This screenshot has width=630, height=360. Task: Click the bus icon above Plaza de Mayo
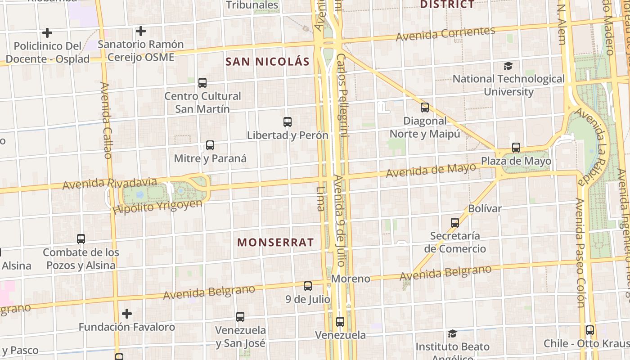tap(516, 148)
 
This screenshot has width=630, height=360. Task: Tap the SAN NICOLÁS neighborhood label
tap(268, 62)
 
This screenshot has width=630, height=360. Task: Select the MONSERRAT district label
tap(275, 242)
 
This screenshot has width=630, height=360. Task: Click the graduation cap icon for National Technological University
tap(508, 66)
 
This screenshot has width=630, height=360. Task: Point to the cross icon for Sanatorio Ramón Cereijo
tap(141, 31)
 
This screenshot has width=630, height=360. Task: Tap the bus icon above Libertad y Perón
tap(288, 122)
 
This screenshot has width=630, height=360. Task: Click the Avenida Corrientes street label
tap(445, 33)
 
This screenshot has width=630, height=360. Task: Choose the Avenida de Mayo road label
tap(431, 170)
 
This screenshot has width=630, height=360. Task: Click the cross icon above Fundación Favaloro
tap(127, 313)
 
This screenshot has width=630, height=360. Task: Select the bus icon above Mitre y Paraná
tap(210, 145)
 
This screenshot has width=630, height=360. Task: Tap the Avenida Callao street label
tap(106, 120)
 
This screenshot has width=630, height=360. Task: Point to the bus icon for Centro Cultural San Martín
tap(202, 83)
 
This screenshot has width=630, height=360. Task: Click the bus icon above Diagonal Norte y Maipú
tap(425, 108)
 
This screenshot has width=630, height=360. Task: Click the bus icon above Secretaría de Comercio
tap(455, 223)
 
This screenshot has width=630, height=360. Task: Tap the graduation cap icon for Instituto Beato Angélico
tap(452, 333)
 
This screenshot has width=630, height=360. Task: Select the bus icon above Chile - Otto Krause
tap(590, 330)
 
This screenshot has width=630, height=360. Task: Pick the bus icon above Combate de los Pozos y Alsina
tap(81, 239)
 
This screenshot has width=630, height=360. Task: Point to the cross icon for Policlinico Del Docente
tap(47, 33)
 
